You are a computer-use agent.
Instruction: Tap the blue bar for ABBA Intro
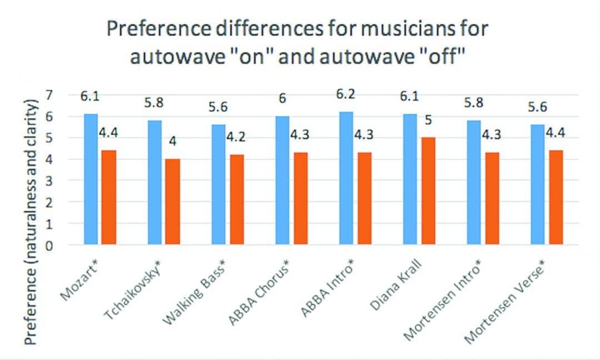pos(346,178)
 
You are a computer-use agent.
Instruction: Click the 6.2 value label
pos(345,94)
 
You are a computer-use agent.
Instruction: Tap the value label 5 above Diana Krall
pos(428,120)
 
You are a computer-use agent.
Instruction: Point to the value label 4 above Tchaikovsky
pos(173,142)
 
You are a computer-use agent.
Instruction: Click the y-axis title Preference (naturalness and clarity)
pos(31,222)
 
